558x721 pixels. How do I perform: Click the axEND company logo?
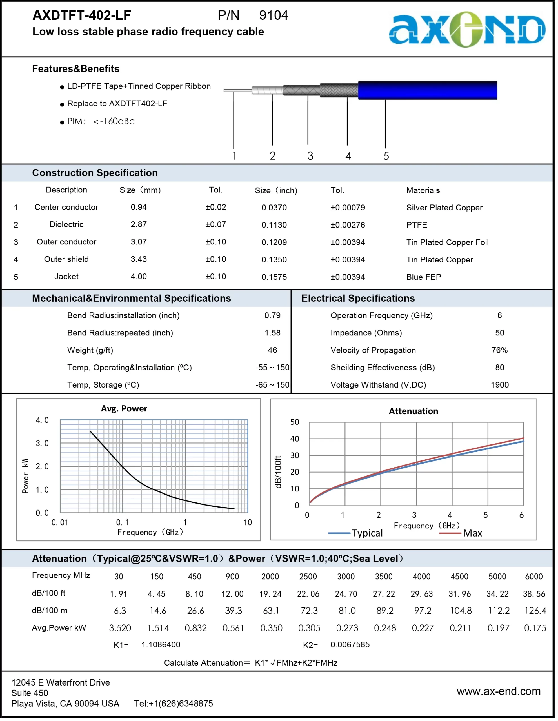click(x=467, y=29)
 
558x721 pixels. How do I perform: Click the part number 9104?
click(x=274, y=15)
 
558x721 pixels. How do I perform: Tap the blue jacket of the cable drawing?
click(x=428, y=90)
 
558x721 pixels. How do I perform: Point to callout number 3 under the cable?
click(x=310, y=156)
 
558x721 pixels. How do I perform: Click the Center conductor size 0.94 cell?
click(x=139, y=207)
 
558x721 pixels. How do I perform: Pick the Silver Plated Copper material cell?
click(x=444, y=208)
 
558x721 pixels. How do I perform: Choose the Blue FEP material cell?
click(x=424, y=277)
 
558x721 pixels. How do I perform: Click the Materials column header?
click(x=423, y=190)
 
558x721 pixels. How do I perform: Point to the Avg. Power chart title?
click(x=124, y=409)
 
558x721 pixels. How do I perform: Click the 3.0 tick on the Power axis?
click(x=42, y=443)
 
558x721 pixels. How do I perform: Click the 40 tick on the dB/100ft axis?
click(x=295, y=439)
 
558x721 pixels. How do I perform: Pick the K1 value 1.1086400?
click(x=161, y=644)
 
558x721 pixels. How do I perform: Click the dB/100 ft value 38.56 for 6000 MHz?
click(x=534, y=594)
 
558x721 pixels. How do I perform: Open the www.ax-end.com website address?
click(x=499, y=691)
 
